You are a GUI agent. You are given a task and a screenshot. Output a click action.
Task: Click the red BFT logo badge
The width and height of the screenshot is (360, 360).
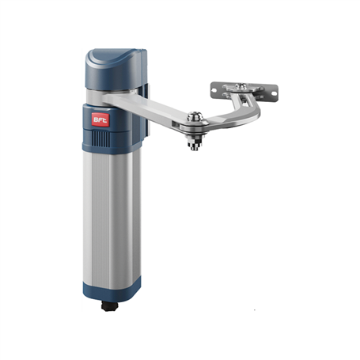pos(100,119)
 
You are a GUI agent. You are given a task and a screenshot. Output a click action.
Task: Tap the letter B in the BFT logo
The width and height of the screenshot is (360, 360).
pos(96,119)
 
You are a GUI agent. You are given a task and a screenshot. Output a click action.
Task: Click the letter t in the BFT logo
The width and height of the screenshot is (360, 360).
pos(104,120)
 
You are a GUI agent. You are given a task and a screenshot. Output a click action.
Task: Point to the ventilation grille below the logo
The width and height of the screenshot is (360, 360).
pos(100,138)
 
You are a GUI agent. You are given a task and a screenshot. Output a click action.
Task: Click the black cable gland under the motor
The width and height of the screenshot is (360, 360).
pos(110,306)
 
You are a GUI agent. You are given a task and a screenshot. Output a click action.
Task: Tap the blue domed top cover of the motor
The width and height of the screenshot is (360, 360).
pos(115,69)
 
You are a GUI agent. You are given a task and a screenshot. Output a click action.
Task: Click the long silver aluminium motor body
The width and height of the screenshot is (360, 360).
pos(112,219)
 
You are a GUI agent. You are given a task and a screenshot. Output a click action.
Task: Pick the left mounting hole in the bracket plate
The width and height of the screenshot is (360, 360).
pos(214,90)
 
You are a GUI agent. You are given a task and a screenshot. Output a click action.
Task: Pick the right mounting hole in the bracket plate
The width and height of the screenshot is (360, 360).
pos(274,93)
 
